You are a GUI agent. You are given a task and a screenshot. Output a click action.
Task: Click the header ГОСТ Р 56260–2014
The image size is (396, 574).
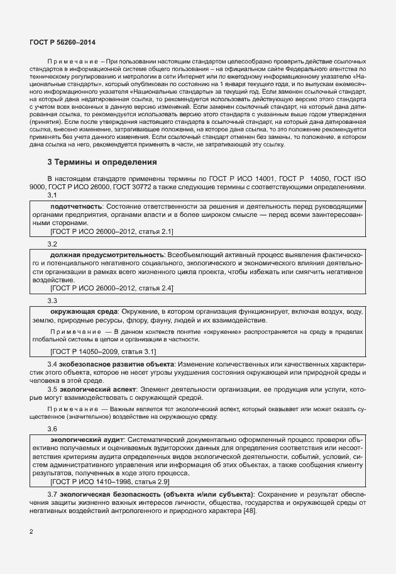58,41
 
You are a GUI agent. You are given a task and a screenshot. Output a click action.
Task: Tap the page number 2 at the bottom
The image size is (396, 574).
32,532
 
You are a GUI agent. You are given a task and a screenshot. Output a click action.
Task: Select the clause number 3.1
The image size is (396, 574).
53,196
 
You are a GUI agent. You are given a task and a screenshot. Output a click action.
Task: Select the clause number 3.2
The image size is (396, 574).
53,243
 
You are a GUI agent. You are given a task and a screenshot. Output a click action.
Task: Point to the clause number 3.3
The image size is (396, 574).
53,301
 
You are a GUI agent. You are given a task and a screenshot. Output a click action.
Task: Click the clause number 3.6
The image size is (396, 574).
53,428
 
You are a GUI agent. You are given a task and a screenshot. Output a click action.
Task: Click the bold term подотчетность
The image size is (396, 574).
75,206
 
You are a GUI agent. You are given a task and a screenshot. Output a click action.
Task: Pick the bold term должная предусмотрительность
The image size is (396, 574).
107,254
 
